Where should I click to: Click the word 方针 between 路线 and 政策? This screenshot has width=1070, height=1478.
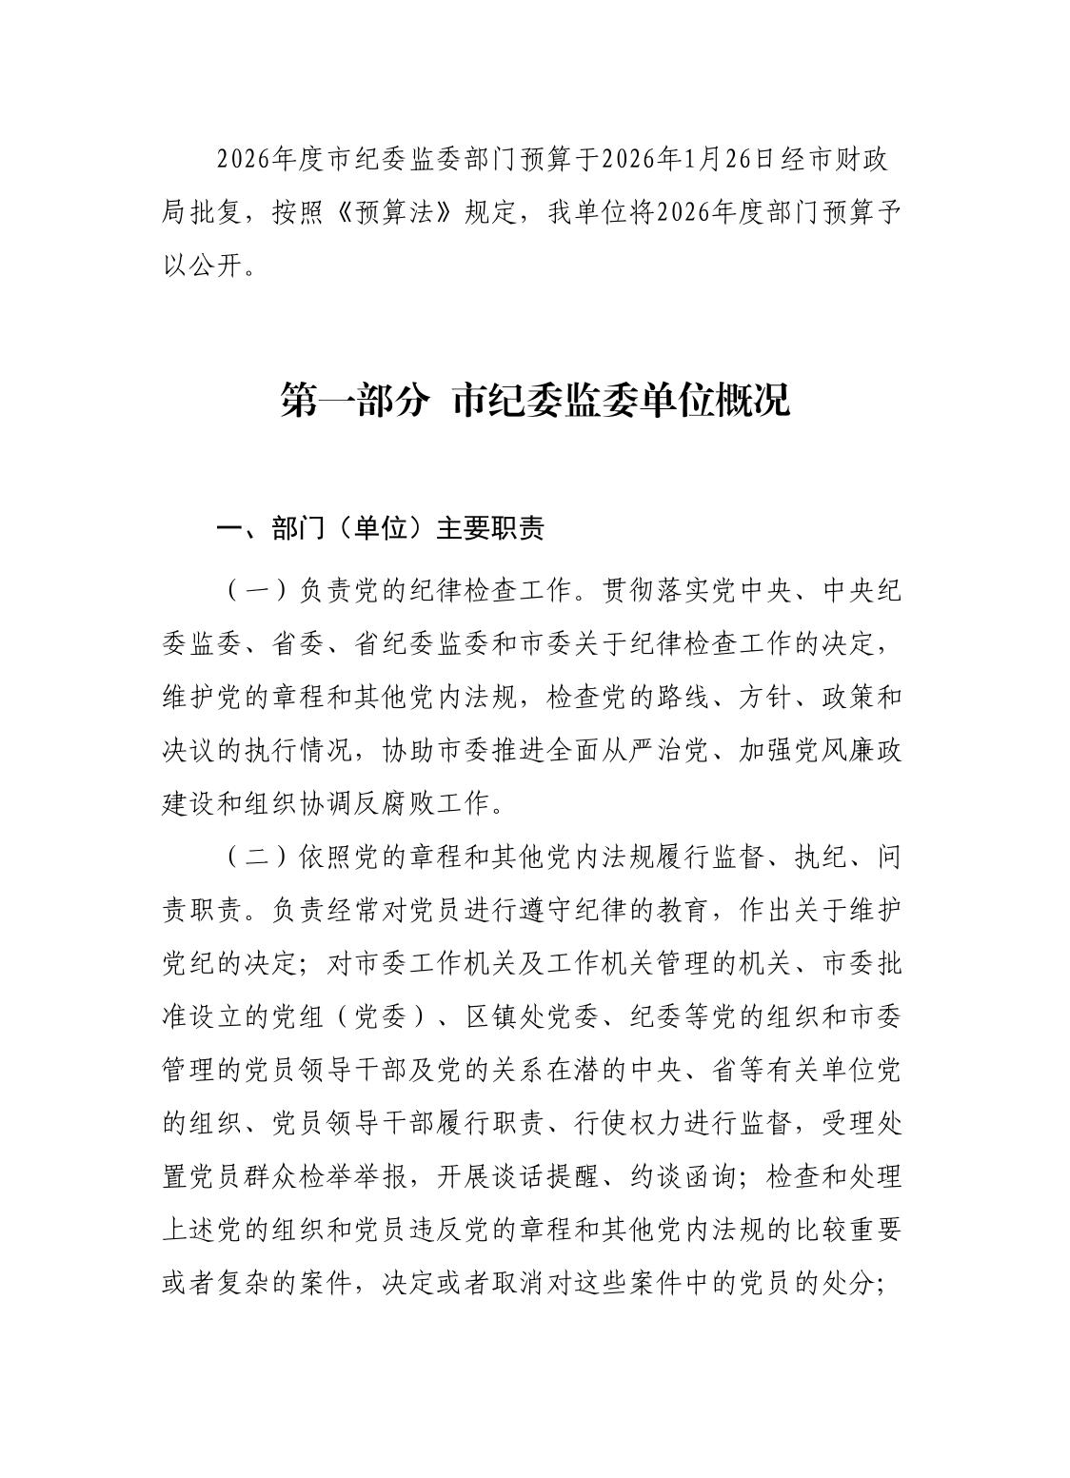coord(766,698)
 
